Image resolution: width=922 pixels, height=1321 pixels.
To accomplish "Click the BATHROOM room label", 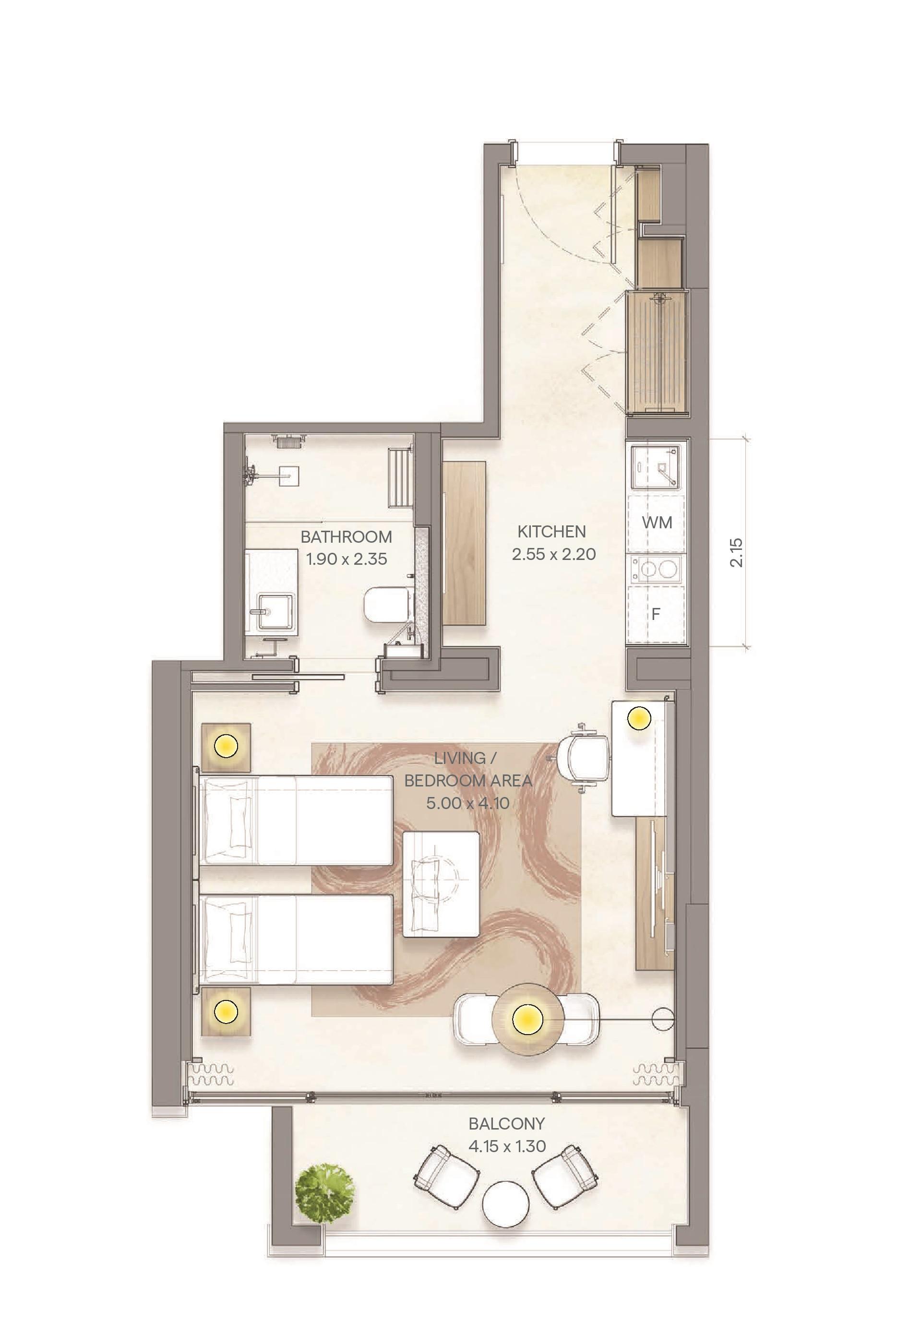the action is tap(346, 537).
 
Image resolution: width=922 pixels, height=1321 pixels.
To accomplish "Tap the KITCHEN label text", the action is tap(551, 531).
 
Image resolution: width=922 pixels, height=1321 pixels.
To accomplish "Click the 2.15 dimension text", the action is tap(737, 552).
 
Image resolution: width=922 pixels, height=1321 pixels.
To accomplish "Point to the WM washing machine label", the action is tap(657, 523).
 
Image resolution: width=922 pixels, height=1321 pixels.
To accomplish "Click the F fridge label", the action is tap(655, 614).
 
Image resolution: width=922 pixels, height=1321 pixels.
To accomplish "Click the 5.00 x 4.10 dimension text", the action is tap(468, 803).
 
